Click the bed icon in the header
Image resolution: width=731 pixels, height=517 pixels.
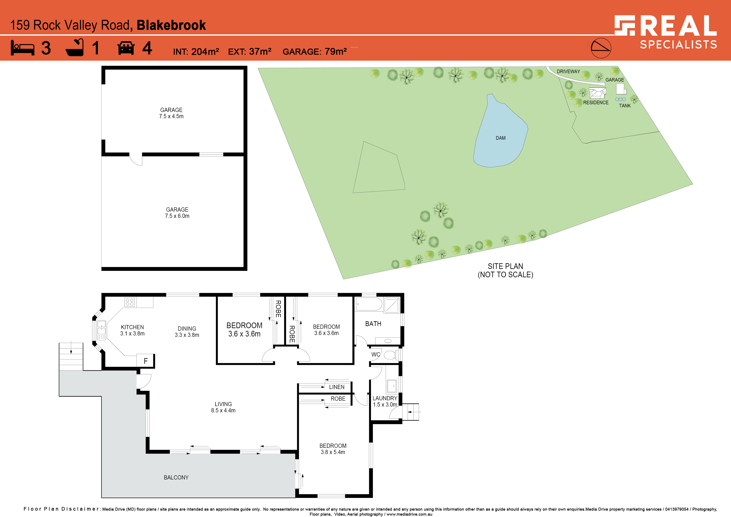(x=22, y=48)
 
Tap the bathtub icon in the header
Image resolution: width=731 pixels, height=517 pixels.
(x=75, y=48)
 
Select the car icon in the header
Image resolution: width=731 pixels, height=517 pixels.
(x=126, y=48)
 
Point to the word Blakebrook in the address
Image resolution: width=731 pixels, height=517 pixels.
(x=171, y=25)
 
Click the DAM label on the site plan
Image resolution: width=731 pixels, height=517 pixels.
(x=501, y=138)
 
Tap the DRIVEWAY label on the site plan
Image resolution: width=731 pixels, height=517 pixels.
(x=568, y=71)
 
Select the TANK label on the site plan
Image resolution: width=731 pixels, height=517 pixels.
(x=625, y=106)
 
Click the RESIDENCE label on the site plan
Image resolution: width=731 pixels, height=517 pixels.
(x=596, y=103)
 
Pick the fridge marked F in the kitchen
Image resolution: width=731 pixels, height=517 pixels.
(x=145, y=361)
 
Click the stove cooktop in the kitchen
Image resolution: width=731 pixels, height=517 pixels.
(x=130, y=302)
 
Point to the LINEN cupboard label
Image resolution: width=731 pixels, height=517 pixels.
(x=337, y=387)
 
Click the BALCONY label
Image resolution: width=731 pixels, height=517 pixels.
(x=176, y=478)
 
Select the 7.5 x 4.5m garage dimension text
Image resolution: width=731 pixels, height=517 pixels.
(x=171, y=117)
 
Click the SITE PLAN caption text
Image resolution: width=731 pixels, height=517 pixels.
(x=505, y=266)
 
